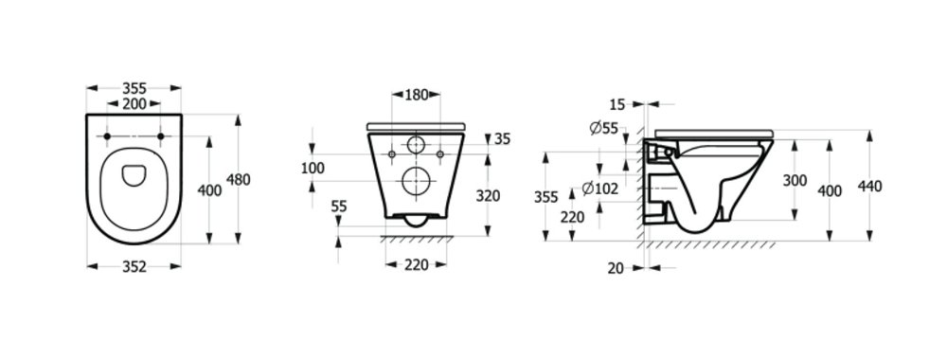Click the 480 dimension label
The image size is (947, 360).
coord(238,179)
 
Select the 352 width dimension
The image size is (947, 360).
coord(134,267)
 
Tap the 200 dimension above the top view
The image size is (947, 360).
coord(134,104)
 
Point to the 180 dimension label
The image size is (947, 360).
coord(416,94)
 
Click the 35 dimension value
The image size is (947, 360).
coord(503,139)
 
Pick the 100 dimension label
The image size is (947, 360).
coord(313,168)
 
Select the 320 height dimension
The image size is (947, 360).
coord(488,196)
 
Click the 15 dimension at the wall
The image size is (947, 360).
coord(616,104)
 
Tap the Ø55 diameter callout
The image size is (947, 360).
coord(603,128)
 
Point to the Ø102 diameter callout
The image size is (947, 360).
coord(600,189)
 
